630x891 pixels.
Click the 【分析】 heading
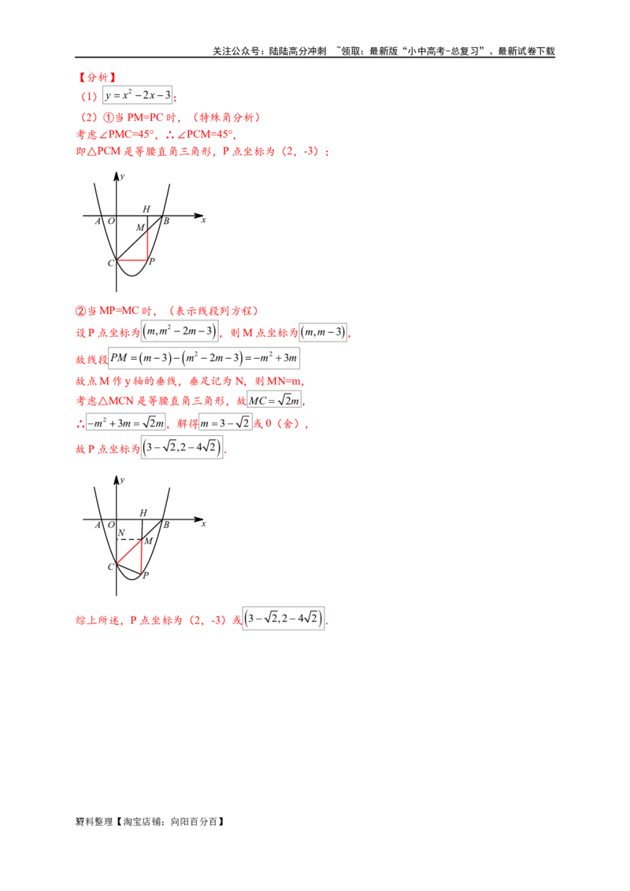point(97,77)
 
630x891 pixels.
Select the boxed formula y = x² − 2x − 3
point(138,95)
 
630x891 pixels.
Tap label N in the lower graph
point(121,532)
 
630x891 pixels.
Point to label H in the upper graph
point(146,209)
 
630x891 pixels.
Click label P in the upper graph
point(151,261)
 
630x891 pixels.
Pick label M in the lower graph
point(148,541)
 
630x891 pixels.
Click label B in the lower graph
point(166,525)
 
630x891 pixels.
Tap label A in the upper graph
point(98,221)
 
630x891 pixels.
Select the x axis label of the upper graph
point(203,220)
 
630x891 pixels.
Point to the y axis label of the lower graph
point(122,480)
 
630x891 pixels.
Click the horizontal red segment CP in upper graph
point(132,261)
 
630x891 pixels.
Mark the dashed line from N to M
point(129,539)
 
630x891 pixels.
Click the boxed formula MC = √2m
point(274,401)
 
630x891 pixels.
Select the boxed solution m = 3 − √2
point(225,423)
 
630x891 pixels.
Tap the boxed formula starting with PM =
point(203,358)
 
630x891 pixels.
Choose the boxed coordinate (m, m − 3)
point(324,332)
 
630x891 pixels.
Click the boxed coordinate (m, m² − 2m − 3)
point(180,331)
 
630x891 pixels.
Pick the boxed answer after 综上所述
point(283,619)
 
